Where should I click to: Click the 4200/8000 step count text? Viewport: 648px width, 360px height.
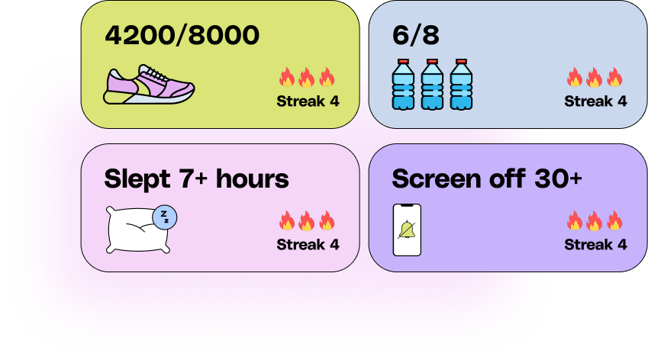[x=182, y=35]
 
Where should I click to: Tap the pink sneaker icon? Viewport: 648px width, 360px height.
[x=149, y=84]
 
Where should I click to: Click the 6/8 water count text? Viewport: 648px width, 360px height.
[x=416, y=35]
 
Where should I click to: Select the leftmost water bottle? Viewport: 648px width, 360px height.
[x=403, y=84]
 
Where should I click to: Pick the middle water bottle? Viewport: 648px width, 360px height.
[x=432, y=84]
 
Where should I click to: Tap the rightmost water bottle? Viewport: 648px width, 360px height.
[x=461, y=84]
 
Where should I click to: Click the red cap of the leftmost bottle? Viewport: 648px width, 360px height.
[x=403, y=62]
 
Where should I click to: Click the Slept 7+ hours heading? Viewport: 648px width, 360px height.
[x=197, y=179]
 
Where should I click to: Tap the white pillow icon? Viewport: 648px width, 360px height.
[x=138, y=230]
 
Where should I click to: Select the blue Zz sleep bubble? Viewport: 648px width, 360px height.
[x=164, y=217]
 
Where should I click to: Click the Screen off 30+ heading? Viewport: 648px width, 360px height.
[x=487, y=178]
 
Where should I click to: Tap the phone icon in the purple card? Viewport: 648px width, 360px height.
[x=407, y=230]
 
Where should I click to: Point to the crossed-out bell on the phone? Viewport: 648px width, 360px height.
[x=407, y=230]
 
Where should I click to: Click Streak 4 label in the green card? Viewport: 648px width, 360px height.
[x=308, y=101]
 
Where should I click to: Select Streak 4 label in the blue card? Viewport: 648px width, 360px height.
[x=595, y=101]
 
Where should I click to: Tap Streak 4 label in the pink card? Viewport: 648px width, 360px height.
[x=308, y=244]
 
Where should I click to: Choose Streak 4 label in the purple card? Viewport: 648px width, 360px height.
[x=595, y=244]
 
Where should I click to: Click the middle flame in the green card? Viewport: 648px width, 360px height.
[x=307, y=77]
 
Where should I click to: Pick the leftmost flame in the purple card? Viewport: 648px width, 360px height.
[x=575, y=220]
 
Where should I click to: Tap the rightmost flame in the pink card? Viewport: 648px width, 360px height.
[x=327, y=220]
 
